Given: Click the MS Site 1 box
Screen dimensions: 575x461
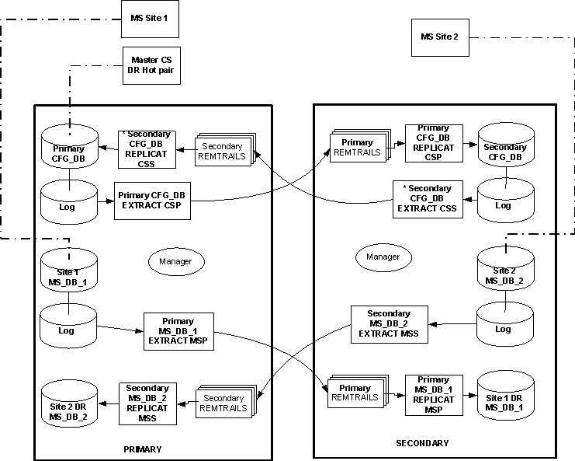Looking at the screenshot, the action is click(x=150, y=19).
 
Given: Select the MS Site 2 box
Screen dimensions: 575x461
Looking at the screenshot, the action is click(x=440, y=37).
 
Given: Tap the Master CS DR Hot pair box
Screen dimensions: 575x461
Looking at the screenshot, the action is click(x=151, y=65).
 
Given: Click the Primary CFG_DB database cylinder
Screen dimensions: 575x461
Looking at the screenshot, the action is click(x=69, y=147).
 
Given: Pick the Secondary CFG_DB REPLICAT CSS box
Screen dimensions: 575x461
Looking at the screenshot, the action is click(x=147, y=149).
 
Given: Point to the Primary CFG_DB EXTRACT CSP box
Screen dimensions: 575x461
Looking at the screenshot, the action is click(x=152, y=201).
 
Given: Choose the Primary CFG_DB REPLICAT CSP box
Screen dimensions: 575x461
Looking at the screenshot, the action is click(x=434, y=143).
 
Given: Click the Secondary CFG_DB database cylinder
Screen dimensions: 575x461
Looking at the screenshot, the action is click(x=506, y=145).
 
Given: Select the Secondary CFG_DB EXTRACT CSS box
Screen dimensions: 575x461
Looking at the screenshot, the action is click(x=428, y=199).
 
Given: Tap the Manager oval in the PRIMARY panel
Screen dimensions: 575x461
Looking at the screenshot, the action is click(x=176, y=261).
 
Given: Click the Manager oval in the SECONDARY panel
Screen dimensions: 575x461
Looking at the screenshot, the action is click(x=383, y=257).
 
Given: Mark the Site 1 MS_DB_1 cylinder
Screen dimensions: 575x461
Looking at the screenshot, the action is click(x=69, y=271).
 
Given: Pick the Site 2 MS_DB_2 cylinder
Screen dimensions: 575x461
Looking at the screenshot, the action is click(x=505, y=269).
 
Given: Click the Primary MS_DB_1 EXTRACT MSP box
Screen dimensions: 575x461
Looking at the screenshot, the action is click(x=178, y=331).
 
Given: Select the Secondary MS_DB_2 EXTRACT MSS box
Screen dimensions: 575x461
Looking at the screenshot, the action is click(x=390, y=324).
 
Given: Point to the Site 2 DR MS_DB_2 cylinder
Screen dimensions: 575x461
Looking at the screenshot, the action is click(x=69, y=404).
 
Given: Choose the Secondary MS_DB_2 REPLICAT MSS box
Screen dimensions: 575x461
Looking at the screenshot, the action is click(x=147, y=403).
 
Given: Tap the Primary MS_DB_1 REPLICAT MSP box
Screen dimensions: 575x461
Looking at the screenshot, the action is click(x=434, y=395).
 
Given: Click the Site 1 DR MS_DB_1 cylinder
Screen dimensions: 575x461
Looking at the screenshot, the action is click(x=506, y=395).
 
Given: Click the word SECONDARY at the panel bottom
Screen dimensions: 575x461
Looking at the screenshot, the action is click(x=422, y=443).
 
